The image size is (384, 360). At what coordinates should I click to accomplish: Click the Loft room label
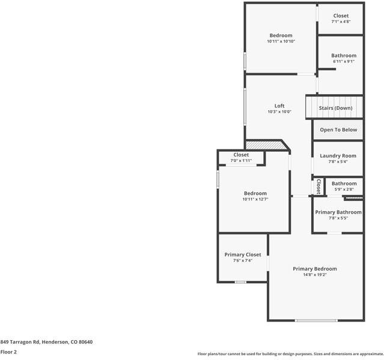coord(279,106)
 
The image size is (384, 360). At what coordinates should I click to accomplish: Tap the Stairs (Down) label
coord(335,108)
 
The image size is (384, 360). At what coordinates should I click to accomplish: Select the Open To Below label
coord(338,130)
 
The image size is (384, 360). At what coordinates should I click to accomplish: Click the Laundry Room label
coord(338,156)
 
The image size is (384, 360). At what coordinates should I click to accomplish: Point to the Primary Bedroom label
coord(315,269)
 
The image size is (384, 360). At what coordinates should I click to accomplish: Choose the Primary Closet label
coord(243,254)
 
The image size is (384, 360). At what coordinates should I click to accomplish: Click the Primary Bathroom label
coord(338,212)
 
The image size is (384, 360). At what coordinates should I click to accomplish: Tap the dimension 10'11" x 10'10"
coord(281,41)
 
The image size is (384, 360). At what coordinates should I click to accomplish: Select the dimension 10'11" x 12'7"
coord(255,199)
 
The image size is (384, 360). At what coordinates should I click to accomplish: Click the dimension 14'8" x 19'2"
coord(315,275)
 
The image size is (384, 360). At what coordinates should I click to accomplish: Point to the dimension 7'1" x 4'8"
coord(341,22)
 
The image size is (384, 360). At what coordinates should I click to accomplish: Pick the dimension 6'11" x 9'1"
coord(344,61)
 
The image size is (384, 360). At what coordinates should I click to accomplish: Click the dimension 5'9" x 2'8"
coord(344,190)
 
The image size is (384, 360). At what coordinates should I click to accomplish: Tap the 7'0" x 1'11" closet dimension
coord(241,161)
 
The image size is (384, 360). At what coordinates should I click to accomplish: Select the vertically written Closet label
coord(318,186)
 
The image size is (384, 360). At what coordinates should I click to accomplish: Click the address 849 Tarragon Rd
coord(46,342)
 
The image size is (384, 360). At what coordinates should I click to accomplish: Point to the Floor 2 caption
coord(8,352)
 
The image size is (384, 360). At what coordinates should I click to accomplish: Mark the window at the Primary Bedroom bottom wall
coord(316,320)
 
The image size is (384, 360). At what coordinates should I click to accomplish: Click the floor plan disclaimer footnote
coord(290,354)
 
